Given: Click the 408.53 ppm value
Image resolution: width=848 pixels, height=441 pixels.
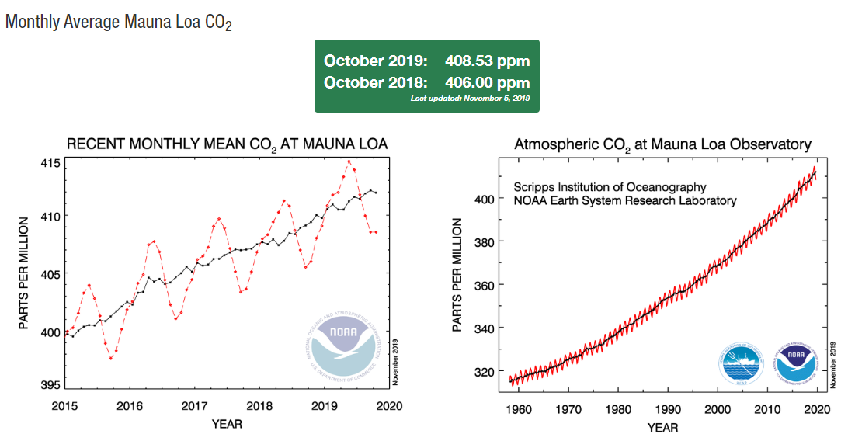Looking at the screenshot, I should click(487, 61).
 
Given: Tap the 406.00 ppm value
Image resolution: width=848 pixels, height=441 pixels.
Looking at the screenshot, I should click(487, 82).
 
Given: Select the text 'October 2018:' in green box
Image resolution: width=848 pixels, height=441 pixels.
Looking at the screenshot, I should click(375, 82).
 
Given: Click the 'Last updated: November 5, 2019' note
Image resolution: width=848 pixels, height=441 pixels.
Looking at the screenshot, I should click(469, 99).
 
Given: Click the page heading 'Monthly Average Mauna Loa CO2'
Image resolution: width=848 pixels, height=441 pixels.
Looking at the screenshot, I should click(119, 22).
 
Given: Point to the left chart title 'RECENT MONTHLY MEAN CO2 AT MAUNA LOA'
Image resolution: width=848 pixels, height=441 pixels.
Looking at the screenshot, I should click(227, 144).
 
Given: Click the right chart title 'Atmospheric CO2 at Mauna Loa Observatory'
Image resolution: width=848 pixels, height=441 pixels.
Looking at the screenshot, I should click(662, 144).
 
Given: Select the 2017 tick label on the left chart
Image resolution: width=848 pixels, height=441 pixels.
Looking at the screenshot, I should click(194, 406).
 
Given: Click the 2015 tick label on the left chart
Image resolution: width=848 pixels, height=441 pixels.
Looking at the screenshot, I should click(65, 406).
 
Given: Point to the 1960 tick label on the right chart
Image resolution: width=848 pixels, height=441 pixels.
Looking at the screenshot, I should click(520, 409).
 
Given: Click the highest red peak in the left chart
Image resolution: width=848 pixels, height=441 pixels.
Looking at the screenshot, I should click(349, 161).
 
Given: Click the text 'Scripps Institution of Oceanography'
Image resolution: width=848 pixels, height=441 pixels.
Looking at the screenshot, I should click(610, 187).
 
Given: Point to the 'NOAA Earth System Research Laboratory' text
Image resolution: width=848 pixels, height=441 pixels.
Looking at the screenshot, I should click(624, 200).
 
